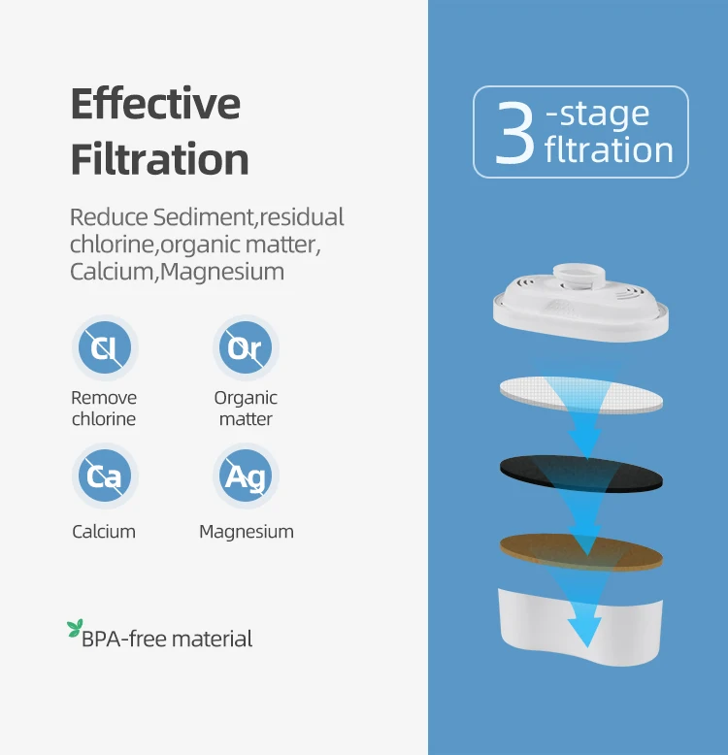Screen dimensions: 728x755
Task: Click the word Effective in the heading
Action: coord(155,103)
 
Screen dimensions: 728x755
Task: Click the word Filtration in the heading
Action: coord(159,158)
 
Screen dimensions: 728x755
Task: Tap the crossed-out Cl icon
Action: coord(105,347)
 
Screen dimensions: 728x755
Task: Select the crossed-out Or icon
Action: coord(246,347)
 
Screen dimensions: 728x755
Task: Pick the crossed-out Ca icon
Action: coord(105,476)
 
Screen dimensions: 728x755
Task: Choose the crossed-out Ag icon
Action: coord(246,476)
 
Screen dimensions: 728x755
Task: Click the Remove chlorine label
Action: coord(104,409)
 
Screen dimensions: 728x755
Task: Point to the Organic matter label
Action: coord(246,409)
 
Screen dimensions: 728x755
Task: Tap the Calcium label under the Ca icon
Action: coord(104,532)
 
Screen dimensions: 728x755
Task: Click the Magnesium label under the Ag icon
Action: coord(247,532)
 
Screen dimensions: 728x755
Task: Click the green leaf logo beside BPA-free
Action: coord(75,629)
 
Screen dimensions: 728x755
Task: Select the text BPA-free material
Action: coord(167,639)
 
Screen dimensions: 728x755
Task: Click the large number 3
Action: coord(515,132)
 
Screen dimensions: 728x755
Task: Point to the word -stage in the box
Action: coord(598,115)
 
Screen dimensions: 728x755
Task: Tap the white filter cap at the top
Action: coord(580,303)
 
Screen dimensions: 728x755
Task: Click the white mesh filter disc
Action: coord(581,394)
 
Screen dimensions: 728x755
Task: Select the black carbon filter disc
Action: coord(581,475)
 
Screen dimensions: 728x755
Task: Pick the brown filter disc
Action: coord(581,553)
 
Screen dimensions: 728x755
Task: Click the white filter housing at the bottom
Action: coord(580,627)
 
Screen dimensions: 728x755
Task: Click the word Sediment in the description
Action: coord(204,217)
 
